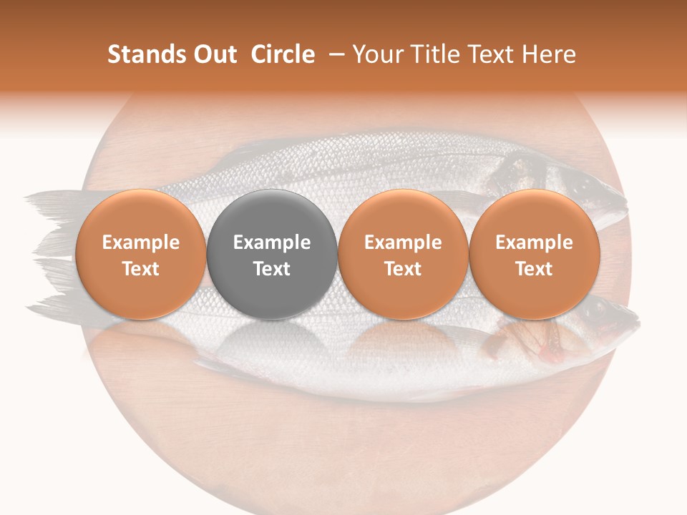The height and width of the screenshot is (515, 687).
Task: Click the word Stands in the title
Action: point(141,54)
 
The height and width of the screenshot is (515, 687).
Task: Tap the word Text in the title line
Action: point(493,54)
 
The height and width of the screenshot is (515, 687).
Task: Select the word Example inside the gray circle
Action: point(272,242)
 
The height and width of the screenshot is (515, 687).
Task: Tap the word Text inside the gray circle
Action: point(272,269)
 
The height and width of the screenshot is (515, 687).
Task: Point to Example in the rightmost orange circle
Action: point(535,242)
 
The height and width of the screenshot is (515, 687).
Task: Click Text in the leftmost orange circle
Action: point(141,269)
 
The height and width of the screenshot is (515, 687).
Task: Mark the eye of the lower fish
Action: point(598,310)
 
